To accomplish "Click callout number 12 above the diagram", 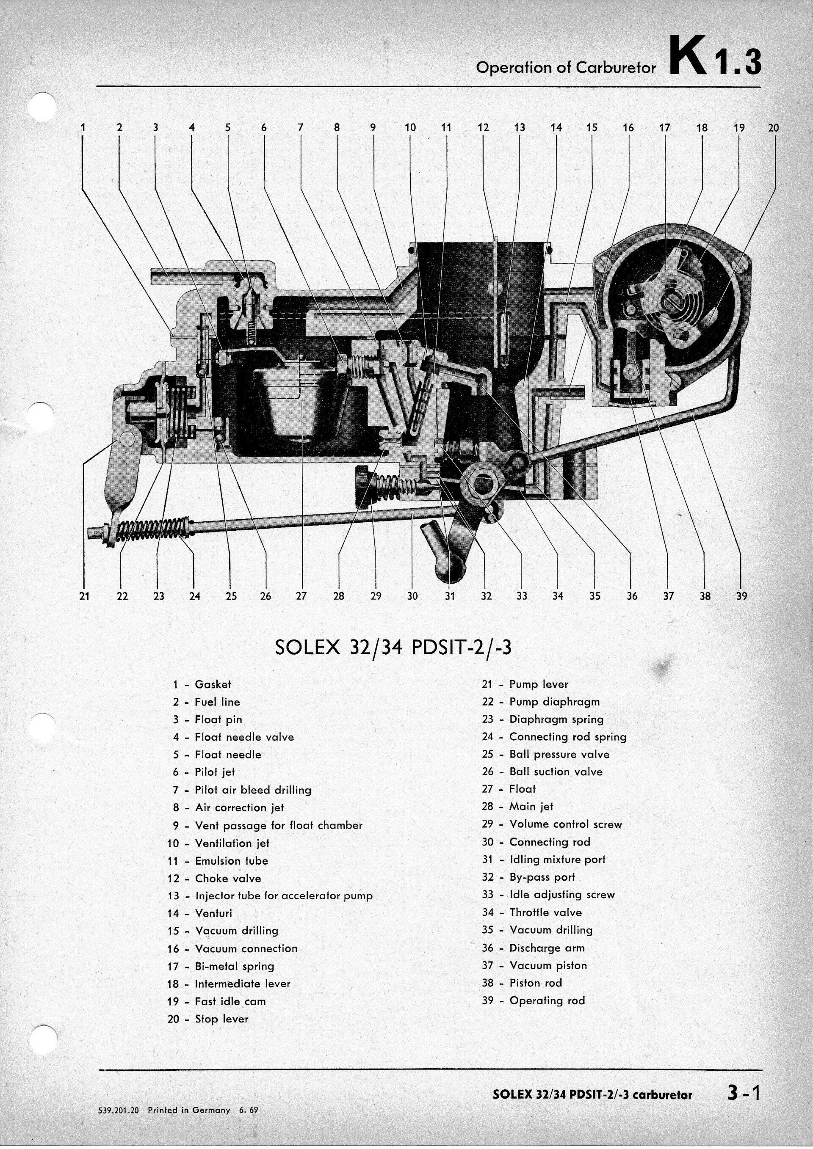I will (483, 128).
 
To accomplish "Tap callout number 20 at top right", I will (774, 128).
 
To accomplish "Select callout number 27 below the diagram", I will (301, 596).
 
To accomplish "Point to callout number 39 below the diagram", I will (741, 596).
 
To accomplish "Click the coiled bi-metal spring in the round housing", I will (671, 300).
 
